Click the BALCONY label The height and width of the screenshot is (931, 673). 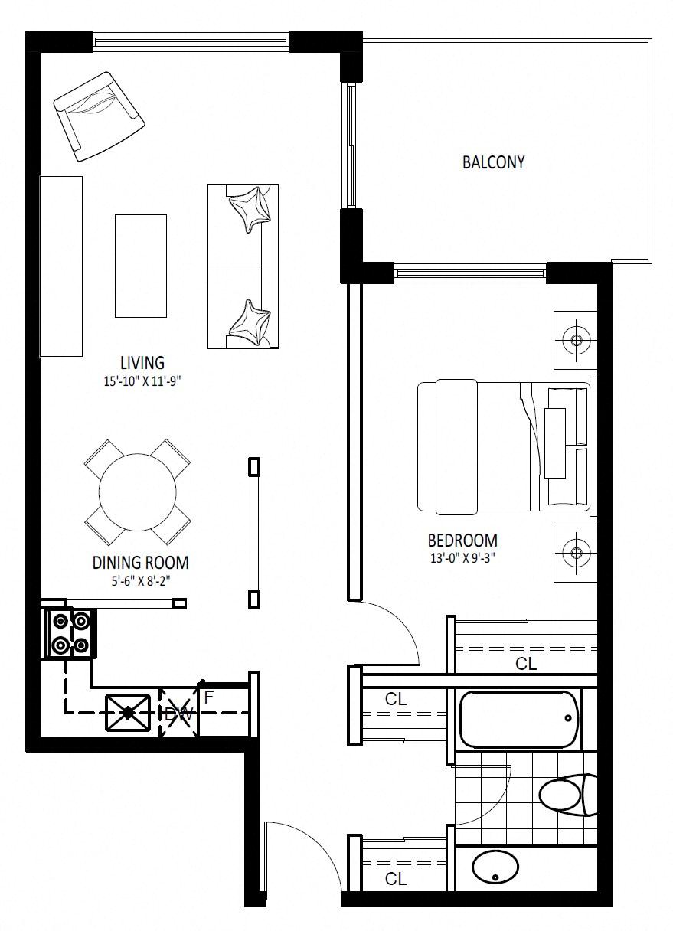coord(493,162)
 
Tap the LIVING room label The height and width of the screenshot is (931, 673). coord(142,363)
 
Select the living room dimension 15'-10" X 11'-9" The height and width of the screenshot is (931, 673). coord(142,381)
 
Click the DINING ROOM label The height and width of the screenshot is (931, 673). coord(141,562)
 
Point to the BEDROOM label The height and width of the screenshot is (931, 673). coord(462,541)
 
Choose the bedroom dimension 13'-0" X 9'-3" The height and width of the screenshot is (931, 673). coord(462,558)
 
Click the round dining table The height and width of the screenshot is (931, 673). coord(138,492)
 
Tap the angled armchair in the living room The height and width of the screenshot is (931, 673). coord(100,116)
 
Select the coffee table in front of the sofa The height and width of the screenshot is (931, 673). coord(141,266)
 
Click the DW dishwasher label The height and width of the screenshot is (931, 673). coord(179,714)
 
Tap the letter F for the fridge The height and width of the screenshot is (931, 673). coord(209,697)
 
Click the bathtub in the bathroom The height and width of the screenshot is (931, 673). coord(519,719)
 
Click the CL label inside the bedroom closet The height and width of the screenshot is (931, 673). coord(526,664)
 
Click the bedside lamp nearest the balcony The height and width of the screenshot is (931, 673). coord(575,340)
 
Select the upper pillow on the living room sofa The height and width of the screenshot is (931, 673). coord(250,209)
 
